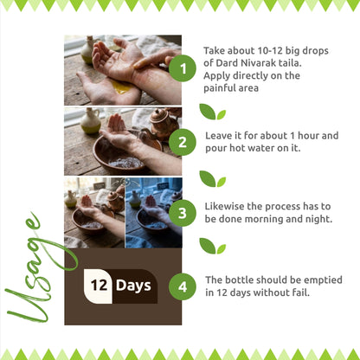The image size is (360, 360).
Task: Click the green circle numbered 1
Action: (183, 68)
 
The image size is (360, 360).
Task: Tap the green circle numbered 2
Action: (183, 142)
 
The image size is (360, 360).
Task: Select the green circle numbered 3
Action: (183, 214)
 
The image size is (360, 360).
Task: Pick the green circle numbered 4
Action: (183, 286)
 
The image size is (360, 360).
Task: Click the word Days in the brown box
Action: (133, 286)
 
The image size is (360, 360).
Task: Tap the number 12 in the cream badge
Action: (99, 286)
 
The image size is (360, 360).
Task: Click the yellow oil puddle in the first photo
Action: (121, 87)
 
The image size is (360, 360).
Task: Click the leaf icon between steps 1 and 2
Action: (212, 112)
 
